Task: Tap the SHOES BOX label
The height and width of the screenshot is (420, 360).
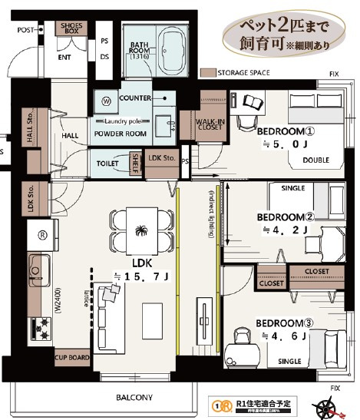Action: [x=71, y=30]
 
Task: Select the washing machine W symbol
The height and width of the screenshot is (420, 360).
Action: [x=106, y=100]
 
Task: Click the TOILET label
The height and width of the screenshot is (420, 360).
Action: [x=108, y=164]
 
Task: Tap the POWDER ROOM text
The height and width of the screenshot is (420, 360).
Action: [x=121, y=134]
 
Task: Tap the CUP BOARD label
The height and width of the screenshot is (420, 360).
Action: [x=71, y=357]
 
